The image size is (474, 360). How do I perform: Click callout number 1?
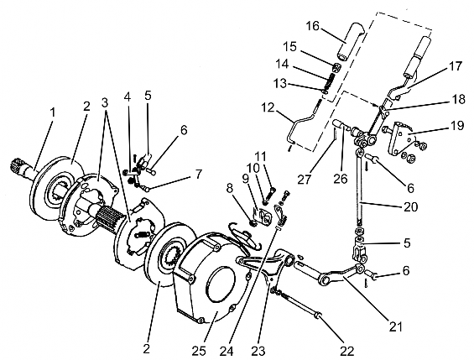click(x=53, y=112)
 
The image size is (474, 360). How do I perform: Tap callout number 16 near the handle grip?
click(x=313, y=26)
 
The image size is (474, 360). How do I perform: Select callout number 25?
click(x=199, y=351)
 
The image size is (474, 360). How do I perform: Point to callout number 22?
click(x=346, y=351)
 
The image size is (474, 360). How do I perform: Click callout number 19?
click(x=456, y=125)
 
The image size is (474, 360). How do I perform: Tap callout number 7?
click(x=198, y=175)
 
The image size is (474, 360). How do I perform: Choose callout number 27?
click(x=304, y=180)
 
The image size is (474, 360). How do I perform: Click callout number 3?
click(x=105, y=102)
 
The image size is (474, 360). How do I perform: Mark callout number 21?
click(x=396, y=326)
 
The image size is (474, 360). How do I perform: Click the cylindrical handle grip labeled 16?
click(x=351, y=44)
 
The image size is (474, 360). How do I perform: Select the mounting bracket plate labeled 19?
click(x=401, y=138)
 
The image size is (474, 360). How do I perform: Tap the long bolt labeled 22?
click(x=300, y=304)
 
